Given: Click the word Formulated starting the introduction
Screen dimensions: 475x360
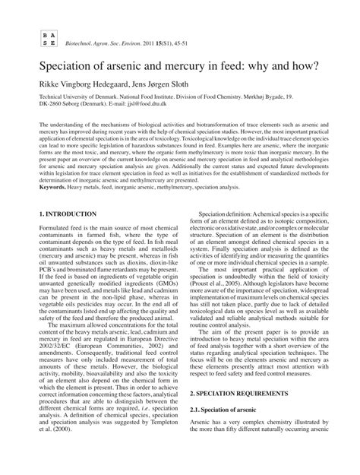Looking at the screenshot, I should click(x=39, y=232).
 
